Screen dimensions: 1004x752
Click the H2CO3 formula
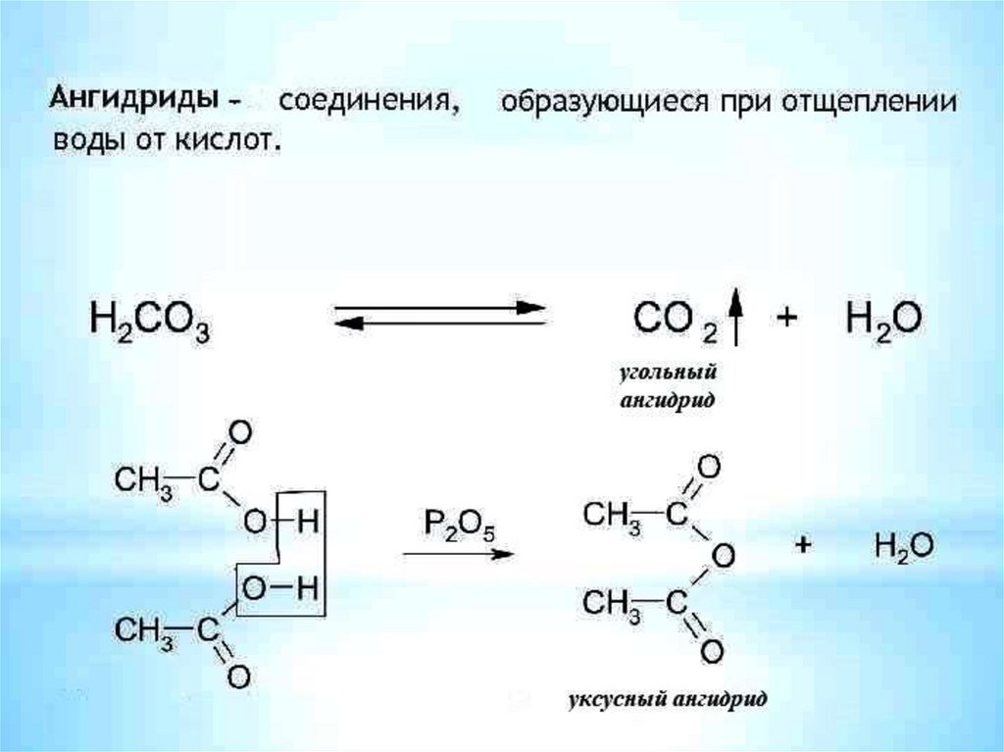pos(150,321)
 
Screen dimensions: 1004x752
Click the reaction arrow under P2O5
pos(458,554)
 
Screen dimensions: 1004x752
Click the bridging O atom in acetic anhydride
pos(723,557)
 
